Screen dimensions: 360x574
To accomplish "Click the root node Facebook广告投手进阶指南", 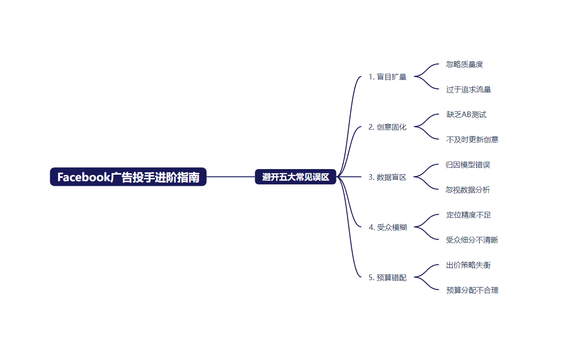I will coord(128,177).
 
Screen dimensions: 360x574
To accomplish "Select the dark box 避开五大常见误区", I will coord(295,177).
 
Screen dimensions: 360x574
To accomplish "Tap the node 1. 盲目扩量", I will coord(387,77).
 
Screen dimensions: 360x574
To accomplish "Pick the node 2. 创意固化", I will coord(387,127).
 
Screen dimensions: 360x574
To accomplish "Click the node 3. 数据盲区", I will coord(387,177).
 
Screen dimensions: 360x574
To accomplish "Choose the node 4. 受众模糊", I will coord(387,228).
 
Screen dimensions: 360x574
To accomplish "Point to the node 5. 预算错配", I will coord(387,278).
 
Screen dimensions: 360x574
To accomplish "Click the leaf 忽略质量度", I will coord(464,65).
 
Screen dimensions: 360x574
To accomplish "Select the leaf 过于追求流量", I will coord(468,90).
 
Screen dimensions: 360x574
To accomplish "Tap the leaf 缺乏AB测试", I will coord(466,115).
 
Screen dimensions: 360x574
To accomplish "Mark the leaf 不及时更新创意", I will coord(472,140).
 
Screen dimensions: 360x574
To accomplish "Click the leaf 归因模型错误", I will coord(468,165).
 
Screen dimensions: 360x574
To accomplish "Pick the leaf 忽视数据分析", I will coord(468,190).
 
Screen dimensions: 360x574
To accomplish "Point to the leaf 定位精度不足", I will coord(468,215).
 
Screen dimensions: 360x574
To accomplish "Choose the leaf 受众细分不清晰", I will coord(472,240).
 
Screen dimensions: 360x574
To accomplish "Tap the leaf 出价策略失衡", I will coord(468,265).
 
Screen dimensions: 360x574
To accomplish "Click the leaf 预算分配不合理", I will coord(472,290).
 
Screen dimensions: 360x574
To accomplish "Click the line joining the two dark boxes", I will coord(231,177).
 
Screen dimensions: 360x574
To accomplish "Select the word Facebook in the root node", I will coord(84,177).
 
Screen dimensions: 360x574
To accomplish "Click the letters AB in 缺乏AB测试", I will coord(467,115).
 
